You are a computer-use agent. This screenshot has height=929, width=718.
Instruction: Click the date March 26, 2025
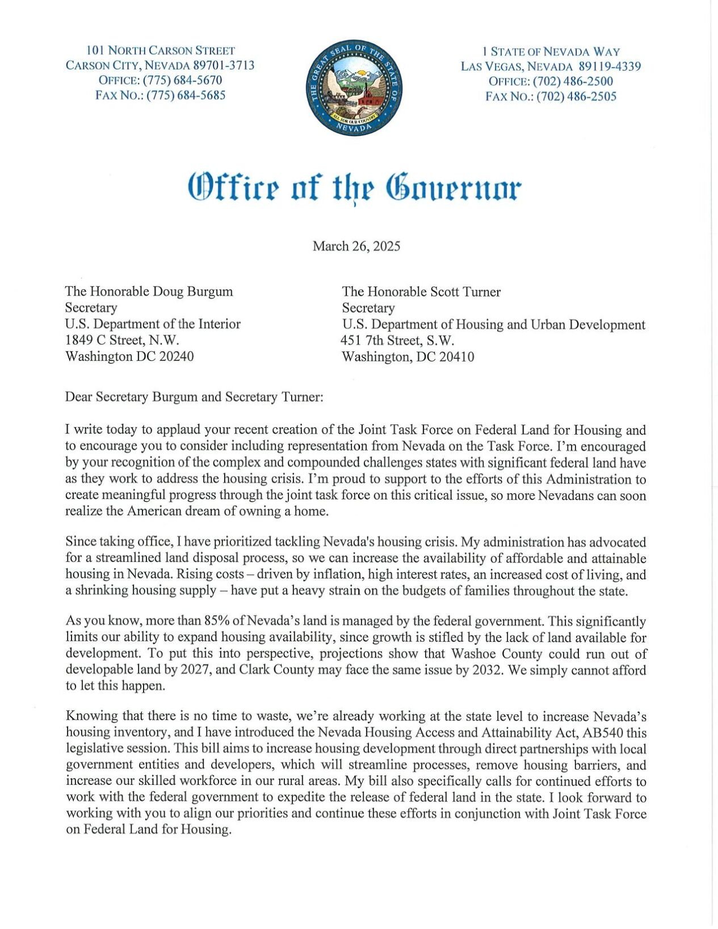click(356, 246)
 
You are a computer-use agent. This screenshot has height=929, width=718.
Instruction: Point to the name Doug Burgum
click(193, 291)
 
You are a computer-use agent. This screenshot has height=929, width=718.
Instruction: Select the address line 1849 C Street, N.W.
click(122, 340)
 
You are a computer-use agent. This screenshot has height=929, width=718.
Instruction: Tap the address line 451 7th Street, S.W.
click(397, 341)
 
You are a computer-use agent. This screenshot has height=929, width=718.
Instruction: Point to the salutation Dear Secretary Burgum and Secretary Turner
click(194, 396)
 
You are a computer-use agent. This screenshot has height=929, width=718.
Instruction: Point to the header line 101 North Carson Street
click(160, 51)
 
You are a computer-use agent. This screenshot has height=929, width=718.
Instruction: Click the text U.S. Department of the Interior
click(153, 323)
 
